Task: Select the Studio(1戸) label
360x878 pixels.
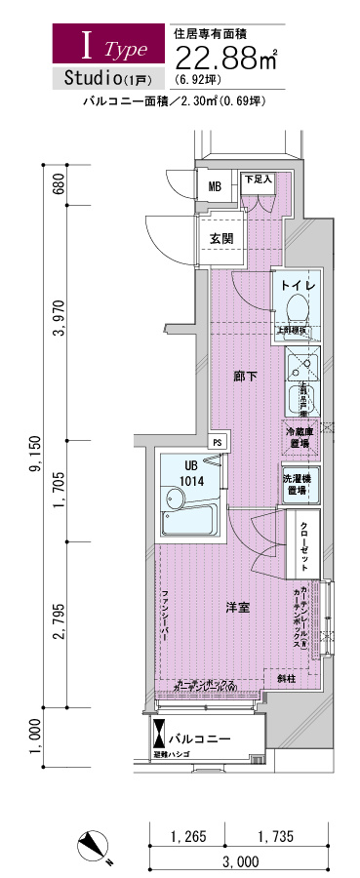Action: click(x=99, y=77)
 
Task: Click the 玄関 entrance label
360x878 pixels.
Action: click(x=220, y=239)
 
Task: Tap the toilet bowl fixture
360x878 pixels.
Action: click(x=297, y=310)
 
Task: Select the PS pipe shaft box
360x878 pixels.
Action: click(x=218, y=441)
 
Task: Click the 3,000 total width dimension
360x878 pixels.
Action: click(x=240, y=862)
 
